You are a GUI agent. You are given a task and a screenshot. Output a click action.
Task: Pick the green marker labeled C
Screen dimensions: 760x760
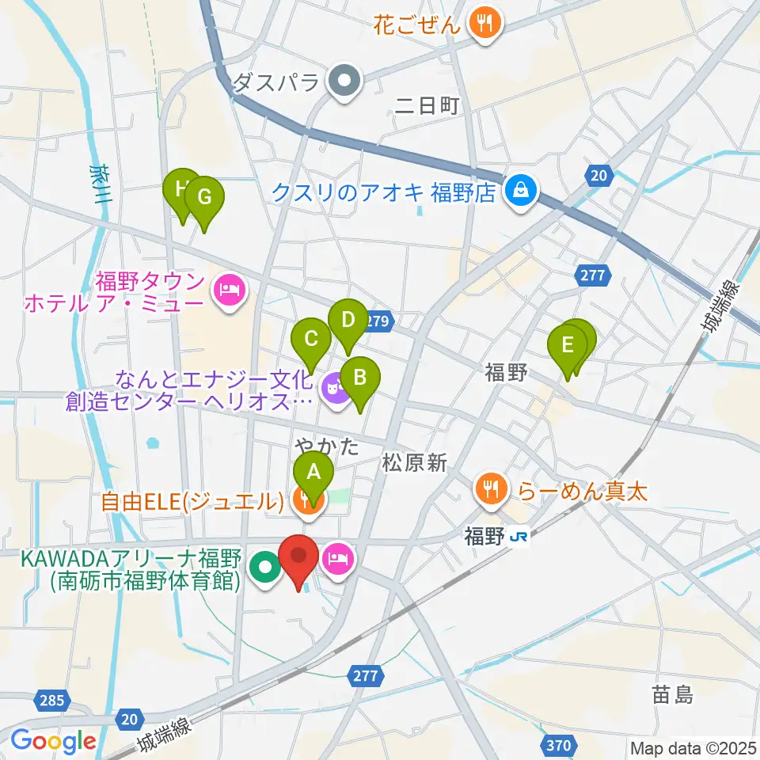[310, 341]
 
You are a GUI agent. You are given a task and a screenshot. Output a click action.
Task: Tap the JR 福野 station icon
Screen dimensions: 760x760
[519, 538]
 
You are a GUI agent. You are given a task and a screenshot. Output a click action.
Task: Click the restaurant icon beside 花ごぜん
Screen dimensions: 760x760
[482, 22]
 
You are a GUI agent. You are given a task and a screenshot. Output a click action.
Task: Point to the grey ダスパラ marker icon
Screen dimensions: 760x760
[344, 82]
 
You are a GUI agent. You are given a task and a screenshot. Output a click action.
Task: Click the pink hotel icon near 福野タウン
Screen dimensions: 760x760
[229, 291]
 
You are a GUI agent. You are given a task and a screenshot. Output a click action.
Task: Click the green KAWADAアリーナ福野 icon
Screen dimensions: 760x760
[264, 566]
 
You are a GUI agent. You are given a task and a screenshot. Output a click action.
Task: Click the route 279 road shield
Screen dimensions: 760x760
[378, 321]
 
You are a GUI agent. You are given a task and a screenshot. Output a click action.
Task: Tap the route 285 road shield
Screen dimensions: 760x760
[50, 701]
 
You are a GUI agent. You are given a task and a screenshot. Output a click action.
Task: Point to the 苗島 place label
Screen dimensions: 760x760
[672, 696]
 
